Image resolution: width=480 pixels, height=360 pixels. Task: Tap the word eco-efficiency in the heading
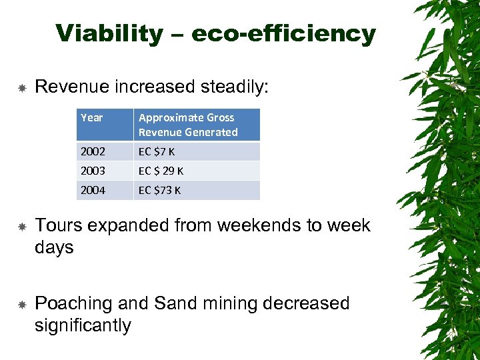[x=283, y=33]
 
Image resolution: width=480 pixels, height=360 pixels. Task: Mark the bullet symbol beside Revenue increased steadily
[x=21, y=87]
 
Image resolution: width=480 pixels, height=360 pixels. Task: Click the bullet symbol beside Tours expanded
[x=21, y=226]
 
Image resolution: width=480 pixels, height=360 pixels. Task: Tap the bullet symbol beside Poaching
[x=21, y=304]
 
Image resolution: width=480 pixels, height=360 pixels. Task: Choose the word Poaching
[x=73, y=303]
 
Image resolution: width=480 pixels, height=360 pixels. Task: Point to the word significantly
[x=83, y=325]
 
